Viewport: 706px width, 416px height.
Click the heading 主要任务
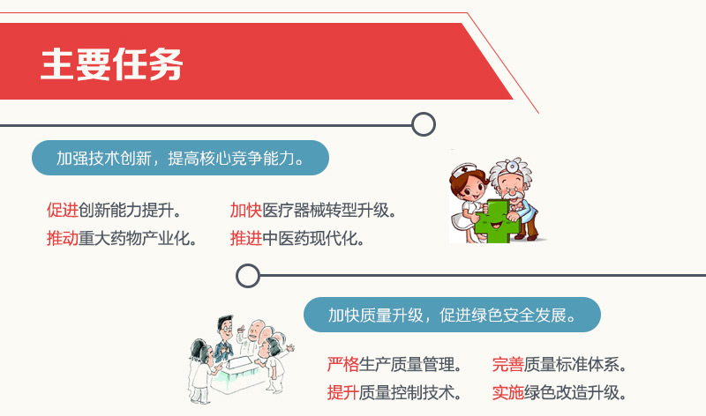(112, 64)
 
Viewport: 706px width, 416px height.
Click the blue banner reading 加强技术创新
(180, 158)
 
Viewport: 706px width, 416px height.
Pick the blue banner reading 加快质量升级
(452, 315)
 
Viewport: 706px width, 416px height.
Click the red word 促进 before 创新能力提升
(63, 210)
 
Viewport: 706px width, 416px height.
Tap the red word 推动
(63, 238)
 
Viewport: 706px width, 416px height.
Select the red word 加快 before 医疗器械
(246, 210)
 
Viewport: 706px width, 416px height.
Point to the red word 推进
(246, 238)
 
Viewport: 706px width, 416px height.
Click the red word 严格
(343, 364)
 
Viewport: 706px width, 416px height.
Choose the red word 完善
(508, 364)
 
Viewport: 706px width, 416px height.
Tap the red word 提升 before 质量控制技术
(343, 392)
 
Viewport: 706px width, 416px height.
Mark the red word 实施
(508, 392)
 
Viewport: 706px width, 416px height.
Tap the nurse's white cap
(464, 170)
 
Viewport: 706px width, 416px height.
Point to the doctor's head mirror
(512, 167)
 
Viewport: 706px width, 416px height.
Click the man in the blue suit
(224, 338)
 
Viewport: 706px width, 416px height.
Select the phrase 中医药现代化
(313, 238)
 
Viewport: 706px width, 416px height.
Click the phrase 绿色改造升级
(575, 392)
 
